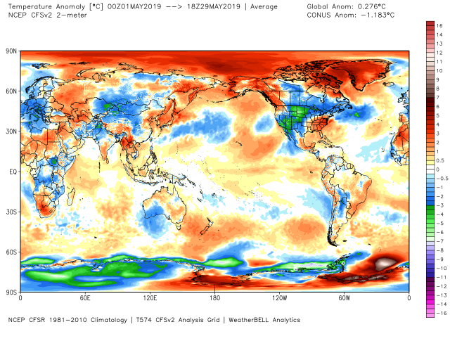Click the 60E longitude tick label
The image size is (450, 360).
click(x=85, y=298)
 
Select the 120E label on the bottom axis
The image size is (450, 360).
click(x=150, y=298)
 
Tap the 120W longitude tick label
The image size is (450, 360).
click(x=279, y=298)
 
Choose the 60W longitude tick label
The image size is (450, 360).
click(x=344, y=298)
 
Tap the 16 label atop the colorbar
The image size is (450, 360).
click(x=439, y=25)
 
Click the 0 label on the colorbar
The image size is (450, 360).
click(x=437, y=169)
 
